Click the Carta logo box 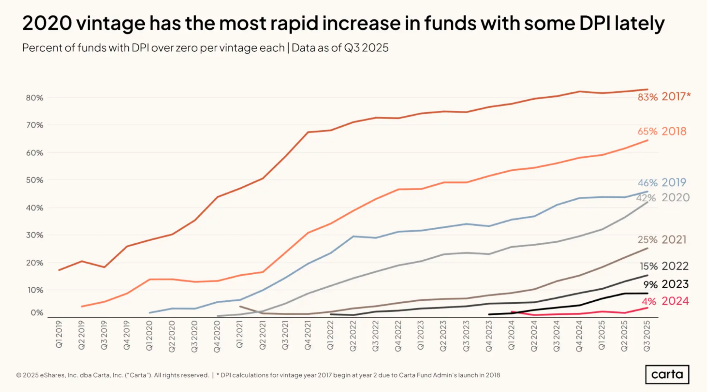(667, 374)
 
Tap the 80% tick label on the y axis (34, 98)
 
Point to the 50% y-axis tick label (34, 180)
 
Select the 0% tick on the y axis (37, 313)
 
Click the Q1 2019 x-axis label (59, 334)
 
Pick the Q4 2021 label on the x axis (308, 335)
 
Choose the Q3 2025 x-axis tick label (647, 336)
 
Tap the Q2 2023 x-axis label (443, 336)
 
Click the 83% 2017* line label (664, 97)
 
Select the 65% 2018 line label (662, 131)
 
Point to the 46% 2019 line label (662, 183)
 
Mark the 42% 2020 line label (663, 197)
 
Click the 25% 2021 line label (662, 240)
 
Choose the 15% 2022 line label (664, 266)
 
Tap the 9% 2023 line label (666, 284)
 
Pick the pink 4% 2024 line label (665, 301)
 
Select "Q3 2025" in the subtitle (366, 48)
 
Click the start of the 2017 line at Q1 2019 (59, 270)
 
